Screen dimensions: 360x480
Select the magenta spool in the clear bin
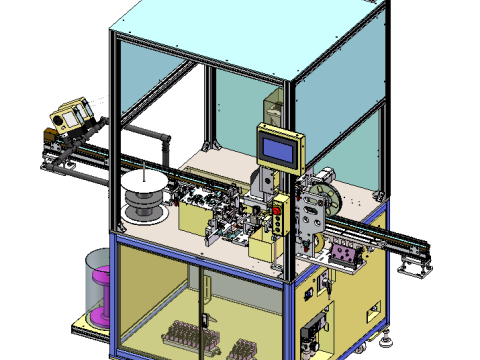[x=100, y=290]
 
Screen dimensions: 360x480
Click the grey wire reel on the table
[x=143, y=200]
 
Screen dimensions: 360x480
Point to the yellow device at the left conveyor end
[x=70, y=118]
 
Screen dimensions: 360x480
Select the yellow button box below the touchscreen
[x=279, y=217]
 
